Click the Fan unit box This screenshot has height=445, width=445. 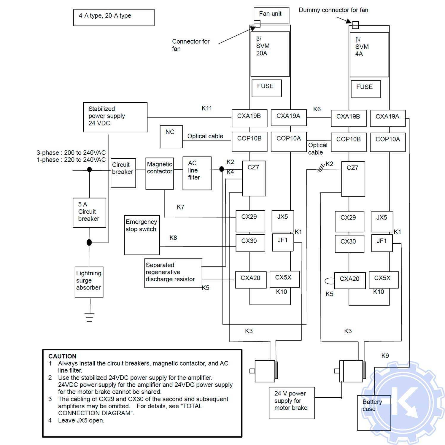271,15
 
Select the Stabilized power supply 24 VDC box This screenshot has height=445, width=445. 115,117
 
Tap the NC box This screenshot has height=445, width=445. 171,137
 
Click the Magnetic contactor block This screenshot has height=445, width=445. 160,174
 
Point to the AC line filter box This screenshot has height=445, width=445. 197,173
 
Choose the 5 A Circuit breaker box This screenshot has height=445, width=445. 89,213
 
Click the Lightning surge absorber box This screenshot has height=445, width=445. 89,282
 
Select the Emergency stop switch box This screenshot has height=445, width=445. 142,235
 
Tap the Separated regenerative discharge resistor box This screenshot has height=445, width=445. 173,273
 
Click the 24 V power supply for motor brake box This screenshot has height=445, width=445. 292,403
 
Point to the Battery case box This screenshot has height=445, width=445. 374,413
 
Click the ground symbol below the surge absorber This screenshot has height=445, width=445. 89,317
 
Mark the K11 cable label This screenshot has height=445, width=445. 207,108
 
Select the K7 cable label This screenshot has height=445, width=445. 180,207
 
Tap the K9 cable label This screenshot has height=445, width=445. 385,355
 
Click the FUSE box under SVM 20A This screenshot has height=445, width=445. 266,88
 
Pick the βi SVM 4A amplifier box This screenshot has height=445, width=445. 369,55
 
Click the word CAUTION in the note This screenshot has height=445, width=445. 62,356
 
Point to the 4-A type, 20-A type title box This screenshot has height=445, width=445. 114,18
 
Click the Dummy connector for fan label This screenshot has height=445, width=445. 333,10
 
